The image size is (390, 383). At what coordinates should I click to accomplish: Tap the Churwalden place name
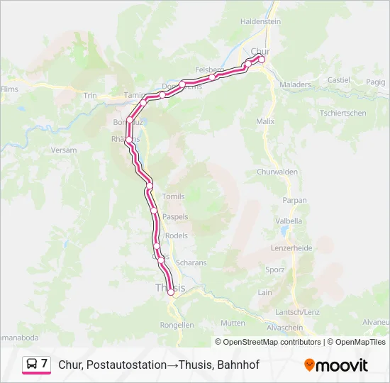point(277,172)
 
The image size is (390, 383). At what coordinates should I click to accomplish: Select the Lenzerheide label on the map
point(291,248)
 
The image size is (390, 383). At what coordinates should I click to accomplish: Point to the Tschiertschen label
point(343,113)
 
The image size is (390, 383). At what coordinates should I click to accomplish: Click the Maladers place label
point(296,84)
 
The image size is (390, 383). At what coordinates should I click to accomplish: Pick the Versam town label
point(64,150)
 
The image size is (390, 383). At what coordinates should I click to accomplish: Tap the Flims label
point(9,89)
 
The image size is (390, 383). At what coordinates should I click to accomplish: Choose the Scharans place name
point(191,262)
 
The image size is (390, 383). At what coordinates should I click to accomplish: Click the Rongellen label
point(177,325)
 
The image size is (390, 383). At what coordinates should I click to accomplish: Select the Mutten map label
point(233,323)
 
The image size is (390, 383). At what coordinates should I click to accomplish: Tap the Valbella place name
point(289,221)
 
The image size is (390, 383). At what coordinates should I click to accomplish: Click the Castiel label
point(339,80)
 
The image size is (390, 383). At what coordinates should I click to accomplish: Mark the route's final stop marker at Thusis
point(171,292)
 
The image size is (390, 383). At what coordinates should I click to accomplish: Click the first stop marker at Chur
point(261,60)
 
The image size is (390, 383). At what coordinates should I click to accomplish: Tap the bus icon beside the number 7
point(31,365)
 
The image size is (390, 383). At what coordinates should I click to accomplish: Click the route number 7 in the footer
point(44,364)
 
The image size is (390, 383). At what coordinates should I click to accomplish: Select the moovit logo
point(336,365)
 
